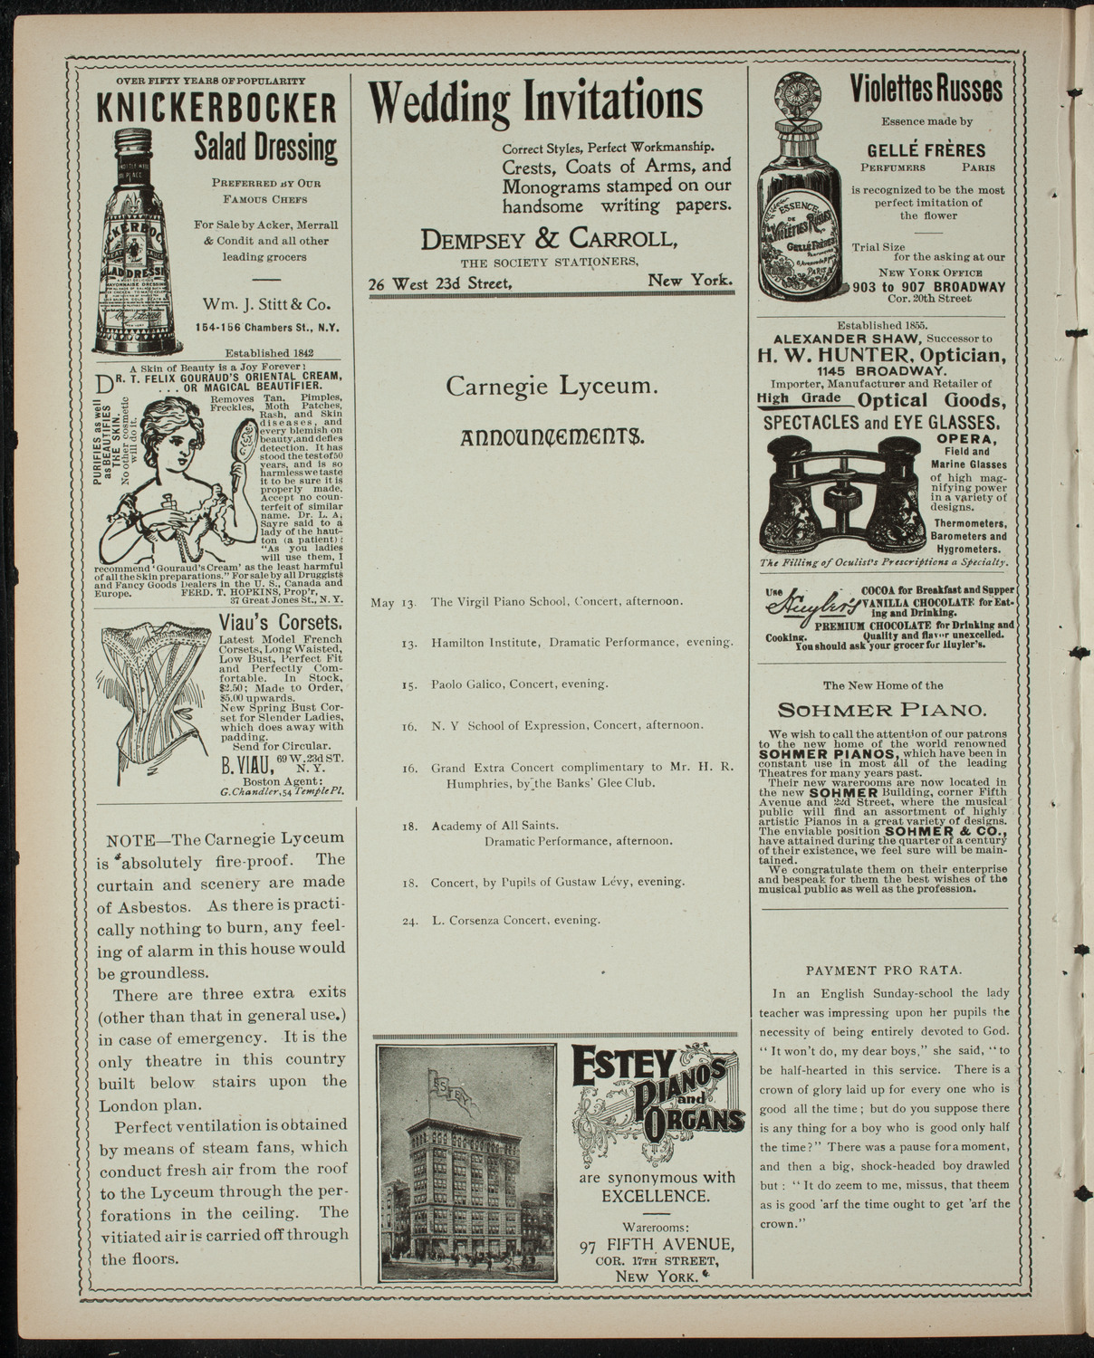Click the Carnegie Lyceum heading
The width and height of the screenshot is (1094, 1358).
pos(552,387)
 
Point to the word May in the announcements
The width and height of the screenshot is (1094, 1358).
pos(381,601)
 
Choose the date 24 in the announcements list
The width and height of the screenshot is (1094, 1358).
pos(409,921)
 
